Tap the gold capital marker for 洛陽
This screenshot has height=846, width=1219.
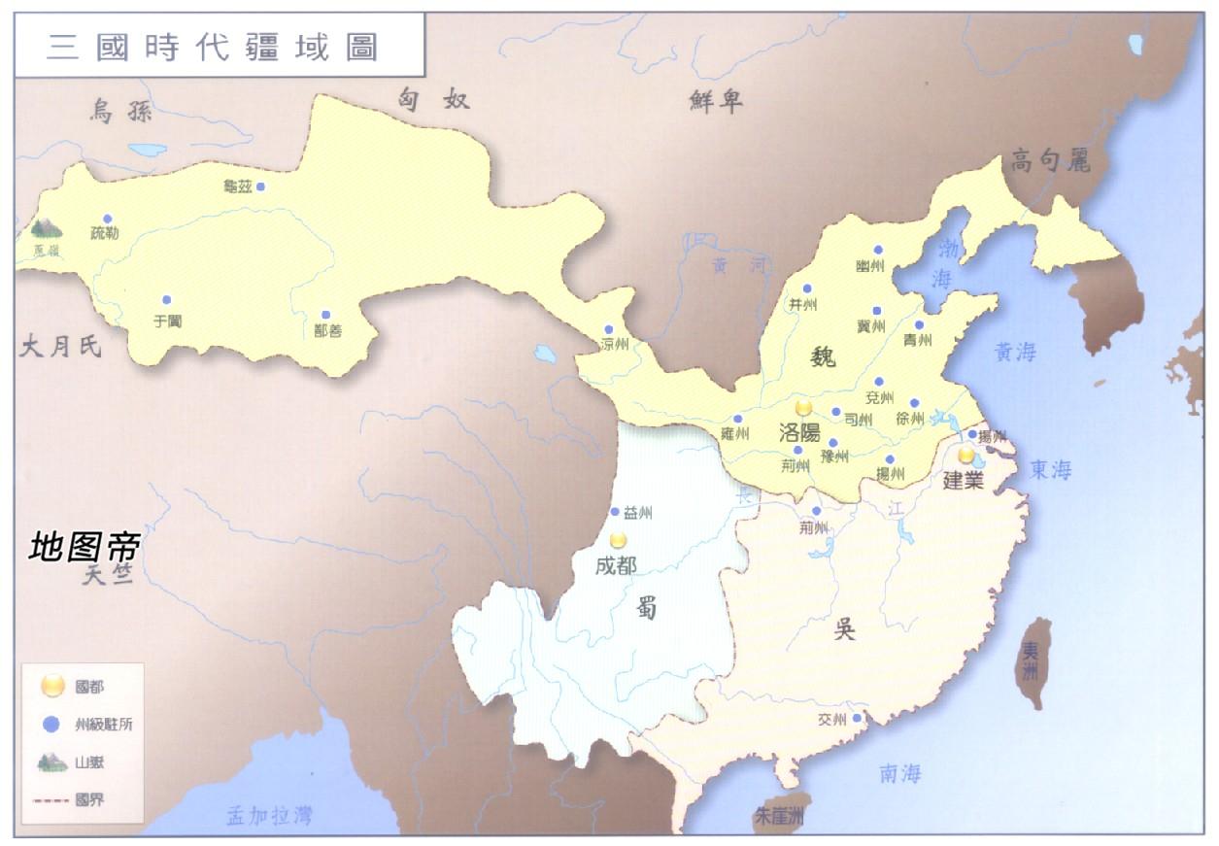(803, 409)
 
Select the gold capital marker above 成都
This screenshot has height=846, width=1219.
(618, 540)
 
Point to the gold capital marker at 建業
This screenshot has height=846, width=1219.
(965, 455)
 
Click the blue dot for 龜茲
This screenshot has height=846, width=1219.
(260, 186)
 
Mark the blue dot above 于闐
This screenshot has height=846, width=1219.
(166, 299)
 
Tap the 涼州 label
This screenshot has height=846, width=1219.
(615, 345)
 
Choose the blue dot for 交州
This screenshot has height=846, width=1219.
(857, 719)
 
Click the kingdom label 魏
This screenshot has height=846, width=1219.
(823, 358)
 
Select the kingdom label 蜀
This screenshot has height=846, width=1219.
(647, 608)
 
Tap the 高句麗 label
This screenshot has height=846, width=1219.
(1050, 159)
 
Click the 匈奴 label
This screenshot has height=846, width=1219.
(434, 98)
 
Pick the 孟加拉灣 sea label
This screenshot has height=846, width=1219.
(270, 816)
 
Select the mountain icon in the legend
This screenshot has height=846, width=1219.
(51, 762)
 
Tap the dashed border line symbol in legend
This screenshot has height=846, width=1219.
(52, 802)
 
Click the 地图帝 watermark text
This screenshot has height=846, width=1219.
(85, 547)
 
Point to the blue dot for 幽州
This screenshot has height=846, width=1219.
(878, 250)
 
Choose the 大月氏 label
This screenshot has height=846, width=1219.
(60, 347)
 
